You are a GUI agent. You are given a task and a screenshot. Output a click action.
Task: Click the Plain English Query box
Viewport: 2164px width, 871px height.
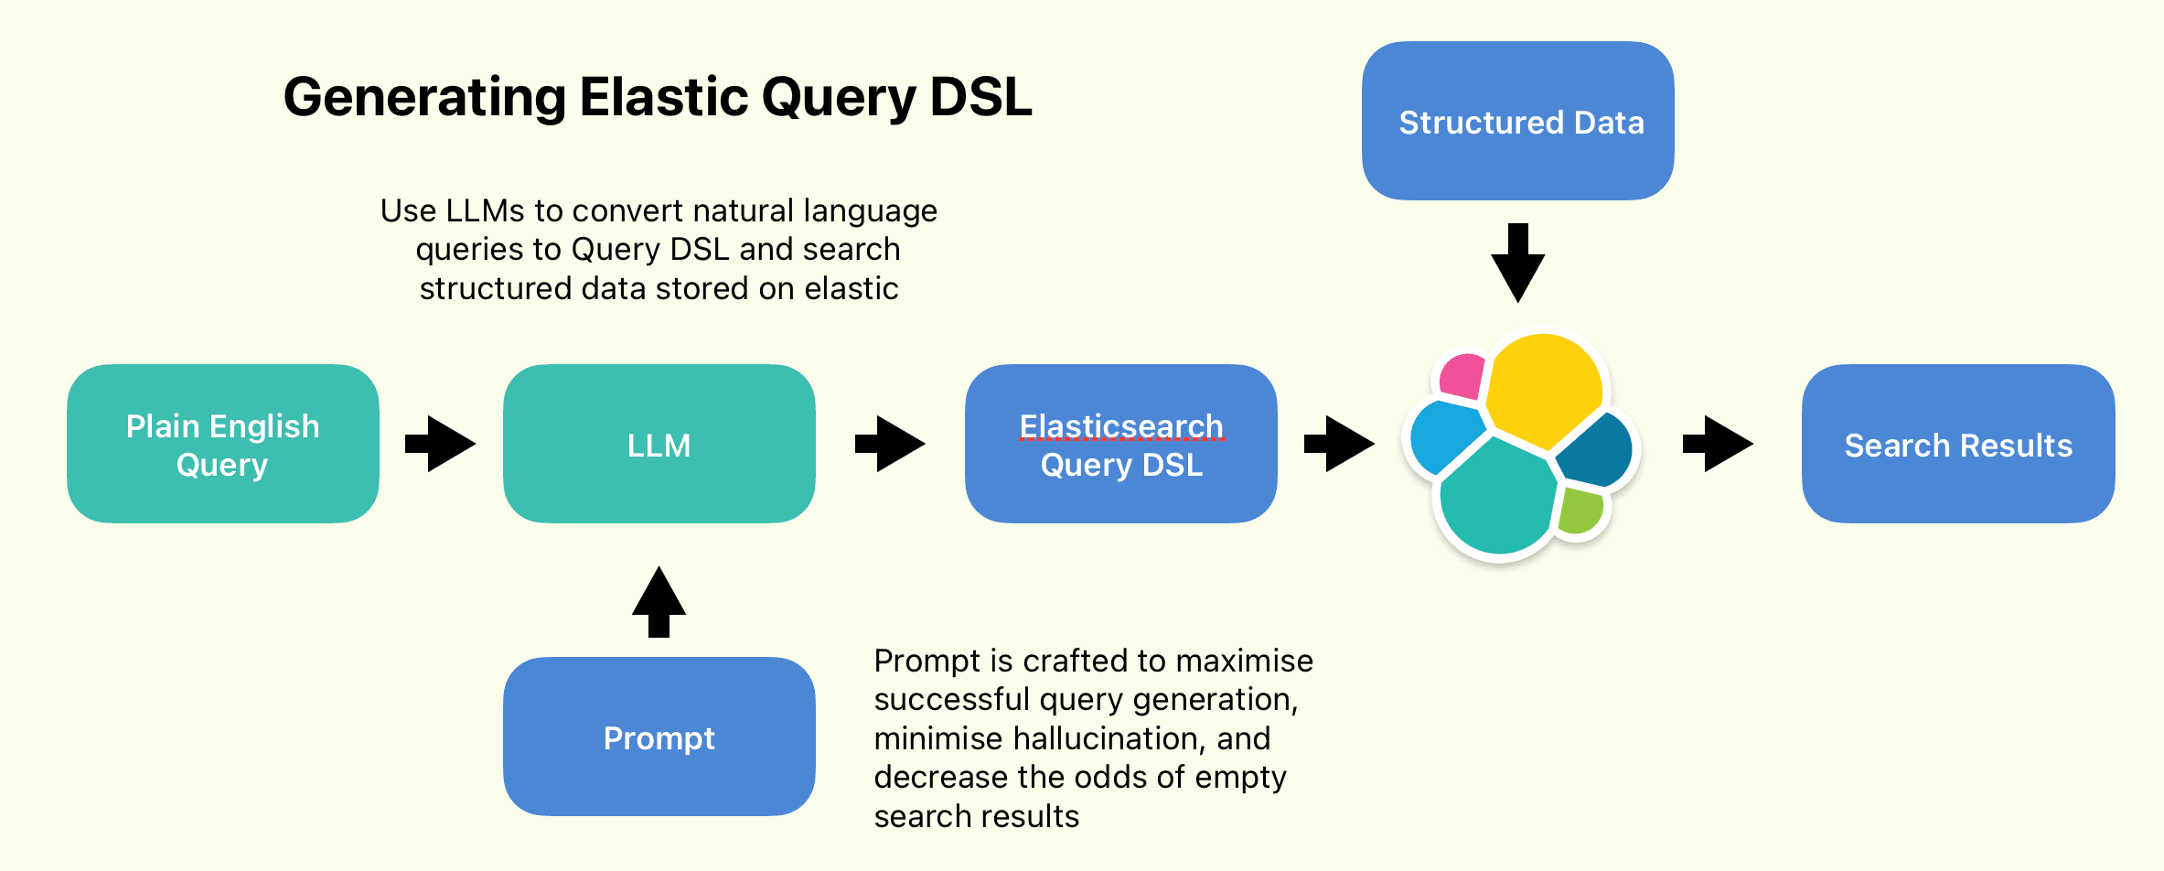[x=222, y=445]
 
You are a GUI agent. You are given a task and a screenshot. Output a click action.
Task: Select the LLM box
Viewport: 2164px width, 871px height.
[x=659, y=445]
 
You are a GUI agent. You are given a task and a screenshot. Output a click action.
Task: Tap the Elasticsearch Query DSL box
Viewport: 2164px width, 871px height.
[x=1120, y=445]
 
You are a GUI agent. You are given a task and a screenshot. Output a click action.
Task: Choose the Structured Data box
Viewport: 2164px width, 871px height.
[x=1517, y=121]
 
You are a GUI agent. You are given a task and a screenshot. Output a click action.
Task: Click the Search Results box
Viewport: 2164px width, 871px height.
[x=1957, y=445]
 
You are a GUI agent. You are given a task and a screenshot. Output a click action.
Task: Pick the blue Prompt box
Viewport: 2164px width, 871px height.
[x=659, y=737]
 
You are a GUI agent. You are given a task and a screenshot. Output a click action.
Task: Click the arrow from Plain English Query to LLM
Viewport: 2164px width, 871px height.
[x=441, y=445]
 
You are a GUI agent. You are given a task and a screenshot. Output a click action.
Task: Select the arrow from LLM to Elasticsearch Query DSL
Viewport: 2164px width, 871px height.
[x=890, y=445]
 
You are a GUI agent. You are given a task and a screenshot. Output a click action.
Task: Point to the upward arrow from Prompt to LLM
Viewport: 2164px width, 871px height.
[x=659, y=601]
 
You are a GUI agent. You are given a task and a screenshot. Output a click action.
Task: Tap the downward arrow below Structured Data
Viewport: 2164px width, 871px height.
[x=1517, y=263]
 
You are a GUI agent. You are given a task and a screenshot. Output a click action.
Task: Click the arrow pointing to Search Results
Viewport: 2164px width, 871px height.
[x=1718, y=445]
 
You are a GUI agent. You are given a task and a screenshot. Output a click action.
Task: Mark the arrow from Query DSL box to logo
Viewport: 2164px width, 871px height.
[x=1339, y=445]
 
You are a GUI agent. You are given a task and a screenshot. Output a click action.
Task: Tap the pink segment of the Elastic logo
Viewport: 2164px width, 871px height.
[x=1462, y=376]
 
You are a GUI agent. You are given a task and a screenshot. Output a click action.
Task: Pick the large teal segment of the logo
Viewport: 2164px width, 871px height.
[x=1495, y=500]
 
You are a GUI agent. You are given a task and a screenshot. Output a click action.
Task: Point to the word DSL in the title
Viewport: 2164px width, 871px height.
[x=980, y=96]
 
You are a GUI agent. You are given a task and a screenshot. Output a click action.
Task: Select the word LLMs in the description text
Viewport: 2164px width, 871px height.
[x=485, y=211]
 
